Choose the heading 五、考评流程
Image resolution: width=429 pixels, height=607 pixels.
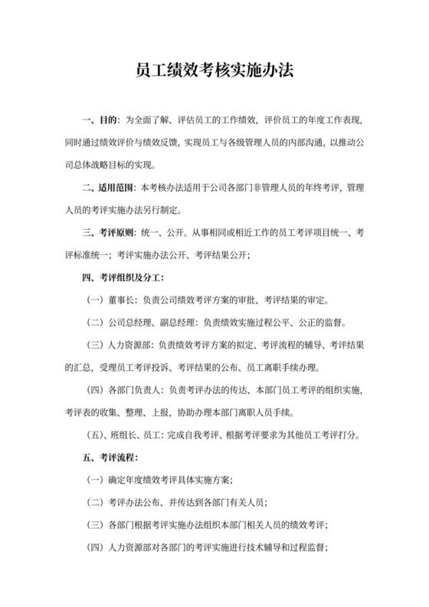point(110,458)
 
